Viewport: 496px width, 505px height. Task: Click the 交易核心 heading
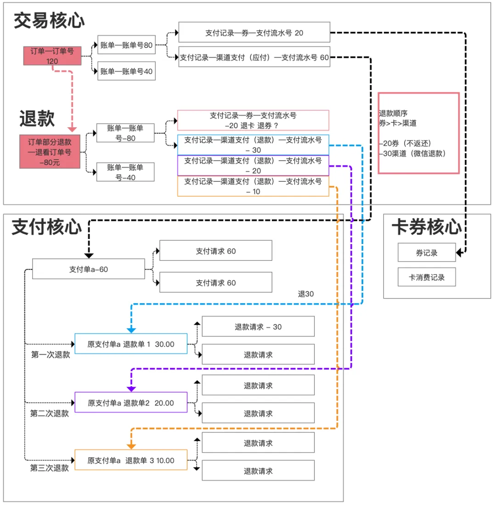(x=49, y=20)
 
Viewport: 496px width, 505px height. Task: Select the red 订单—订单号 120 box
(x=52, y=55)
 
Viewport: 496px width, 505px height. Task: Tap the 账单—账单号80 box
(x=126, y=45)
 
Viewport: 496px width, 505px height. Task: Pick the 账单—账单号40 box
(x=126, y=71)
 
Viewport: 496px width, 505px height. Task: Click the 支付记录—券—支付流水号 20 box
(x=254, y=33)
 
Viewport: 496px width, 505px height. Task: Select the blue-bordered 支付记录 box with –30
(x=253, y=145)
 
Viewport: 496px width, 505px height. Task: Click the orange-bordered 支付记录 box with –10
(x=253, y=186)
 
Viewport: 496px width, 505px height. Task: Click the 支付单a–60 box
(x=89, y=269)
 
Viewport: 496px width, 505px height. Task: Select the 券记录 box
(x=427, y=252)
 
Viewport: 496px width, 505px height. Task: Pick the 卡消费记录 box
(x=427, y=277)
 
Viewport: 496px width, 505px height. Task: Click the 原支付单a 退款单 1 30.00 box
(x=131, y=344)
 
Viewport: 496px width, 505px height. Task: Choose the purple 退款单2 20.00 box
(x=131, y=403)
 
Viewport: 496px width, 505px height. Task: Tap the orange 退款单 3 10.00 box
(x=131, y=460)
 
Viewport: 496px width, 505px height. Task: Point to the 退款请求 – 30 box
(x=258, y=327)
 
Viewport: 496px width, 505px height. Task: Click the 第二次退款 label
(x=50, y=413)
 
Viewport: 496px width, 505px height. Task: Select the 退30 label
(x=306, y=294)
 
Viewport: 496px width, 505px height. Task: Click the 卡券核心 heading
(x=426, y=227)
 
